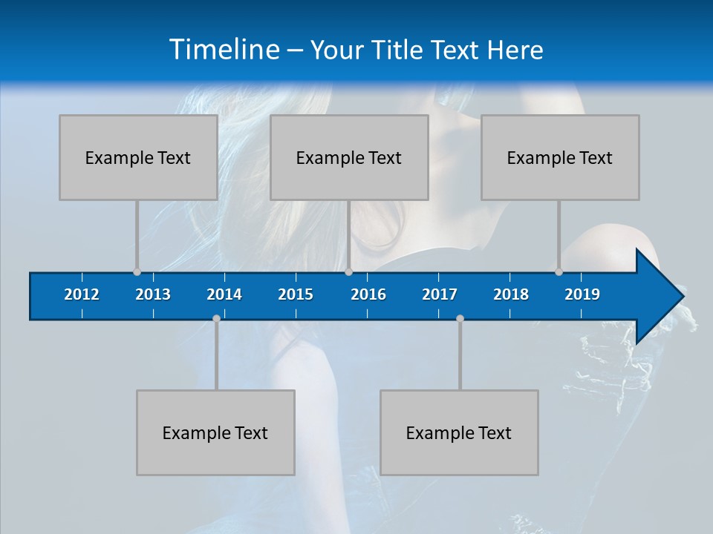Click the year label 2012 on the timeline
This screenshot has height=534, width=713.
tap(82, 294)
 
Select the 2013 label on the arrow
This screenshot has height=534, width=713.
tap(153, 294)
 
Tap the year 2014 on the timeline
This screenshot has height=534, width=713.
tap(224, 294)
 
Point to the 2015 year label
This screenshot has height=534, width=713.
tap(296, 294)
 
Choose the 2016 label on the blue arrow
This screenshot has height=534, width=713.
tap(368, 294)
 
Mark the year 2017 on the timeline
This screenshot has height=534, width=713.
tap(440, 294)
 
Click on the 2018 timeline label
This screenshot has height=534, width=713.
tap(511, 294)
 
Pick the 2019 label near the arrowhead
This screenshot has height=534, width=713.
tap(582, 294)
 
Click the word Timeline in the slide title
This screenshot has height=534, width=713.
tap(224, 50)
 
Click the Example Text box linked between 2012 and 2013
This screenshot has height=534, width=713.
tap(138, 157)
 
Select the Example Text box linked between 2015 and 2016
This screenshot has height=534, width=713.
tap(349, 157)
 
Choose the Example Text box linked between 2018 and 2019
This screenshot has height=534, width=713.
tap(560, 157)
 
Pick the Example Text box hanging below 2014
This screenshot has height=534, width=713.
tap(215, 432)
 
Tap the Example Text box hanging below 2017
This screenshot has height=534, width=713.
tap(459, 432)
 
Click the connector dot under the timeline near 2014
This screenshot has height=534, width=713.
tap(216, 318)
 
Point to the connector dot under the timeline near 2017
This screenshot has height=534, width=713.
tap(460, 318)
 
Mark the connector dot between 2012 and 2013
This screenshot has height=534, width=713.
tap(137, 271)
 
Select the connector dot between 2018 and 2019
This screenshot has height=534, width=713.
tap(559, 271)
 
